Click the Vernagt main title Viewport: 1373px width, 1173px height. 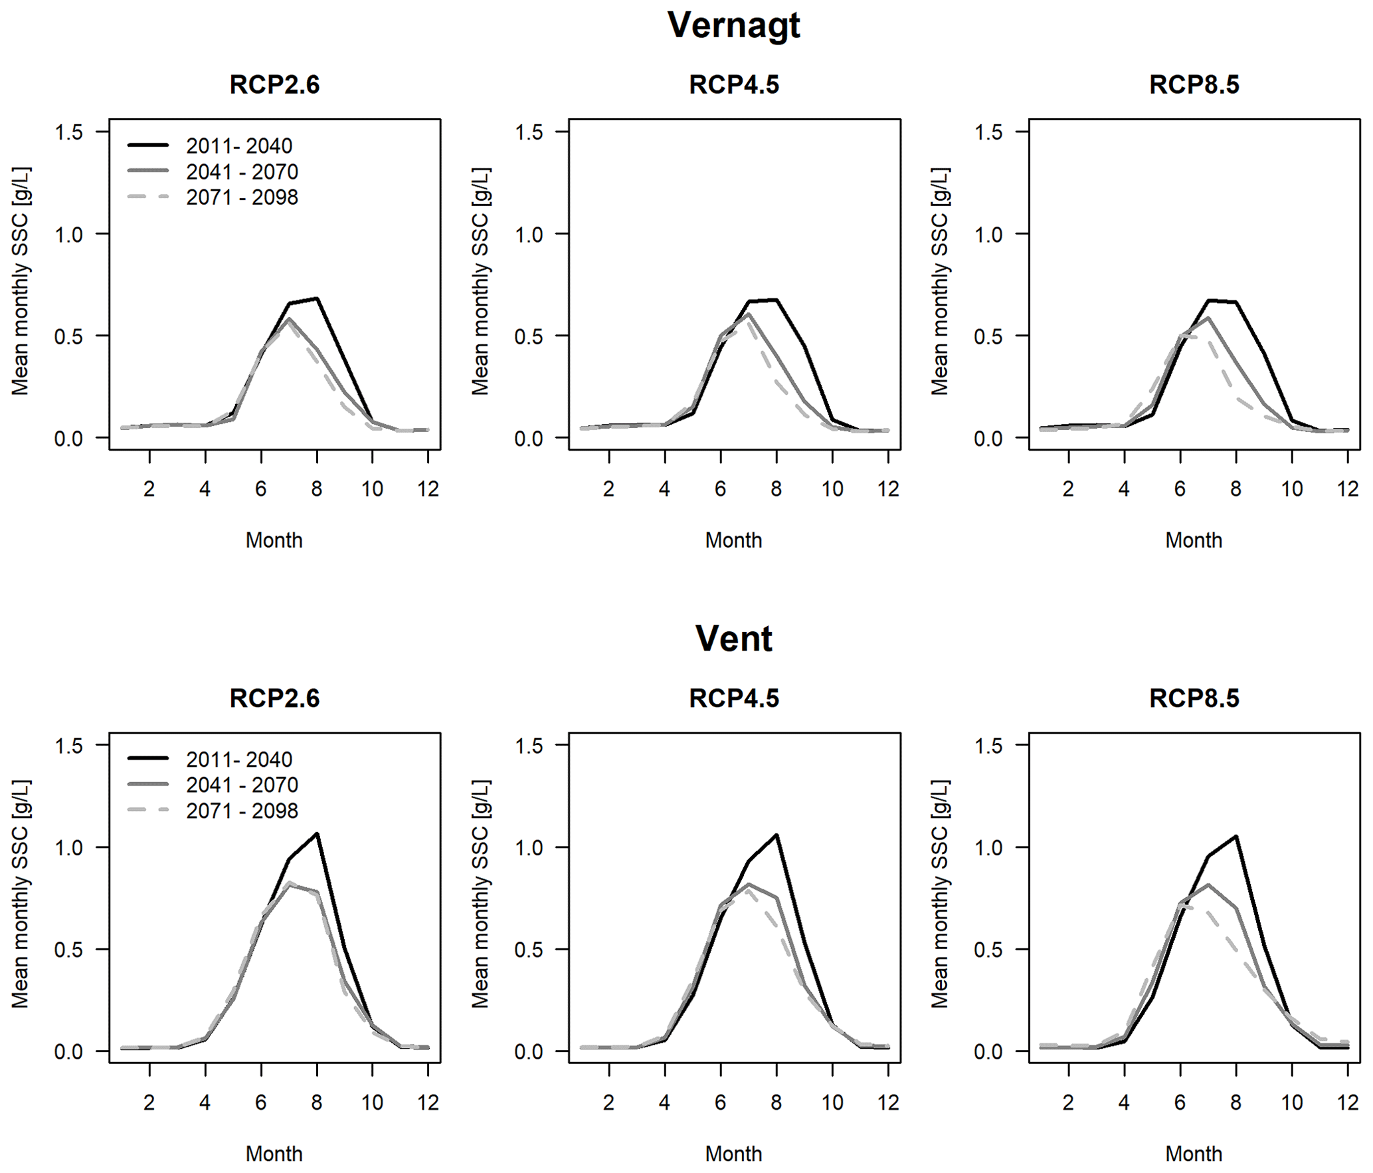733,25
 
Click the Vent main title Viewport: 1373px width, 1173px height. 733,639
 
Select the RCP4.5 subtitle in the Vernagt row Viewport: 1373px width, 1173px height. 733,85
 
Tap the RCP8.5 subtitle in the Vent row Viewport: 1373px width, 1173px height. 1194,698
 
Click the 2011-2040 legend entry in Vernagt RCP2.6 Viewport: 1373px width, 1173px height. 238,146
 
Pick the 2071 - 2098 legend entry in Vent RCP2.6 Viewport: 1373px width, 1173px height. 242,811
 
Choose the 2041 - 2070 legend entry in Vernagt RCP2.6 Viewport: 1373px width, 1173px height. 242,171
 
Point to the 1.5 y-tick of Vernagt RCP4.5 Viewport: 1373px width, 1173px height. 529,132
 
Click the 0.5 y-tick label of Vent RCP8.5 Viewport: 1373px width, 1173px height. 988,950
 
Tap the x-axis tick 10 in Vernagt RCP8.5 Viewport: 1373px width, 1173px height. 1291,489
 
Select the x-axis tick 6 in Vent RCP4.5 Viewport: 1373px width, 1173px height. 720,1103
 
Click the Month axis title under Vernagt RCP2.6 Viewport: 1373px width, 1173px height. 274,540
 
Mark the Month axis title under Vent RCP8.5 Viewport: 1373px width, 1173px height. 1194,1154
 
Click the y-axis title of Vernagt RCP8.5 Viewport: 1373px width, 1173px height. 939,282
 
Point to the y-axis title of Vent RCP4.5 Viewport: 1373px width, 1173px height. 480,895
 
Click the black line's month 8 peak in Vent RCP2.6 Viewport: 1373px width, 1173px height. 318,833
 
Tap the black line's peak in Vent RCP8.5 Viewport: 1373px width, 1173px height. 1236,836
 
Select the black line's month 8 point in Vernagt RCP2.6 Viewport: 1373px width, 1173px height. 318,298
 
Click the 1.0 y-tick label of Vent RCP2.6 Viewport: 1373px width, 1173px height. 69,848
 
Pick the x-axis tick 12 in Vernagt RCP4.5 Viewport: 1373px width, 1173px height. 888,489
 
